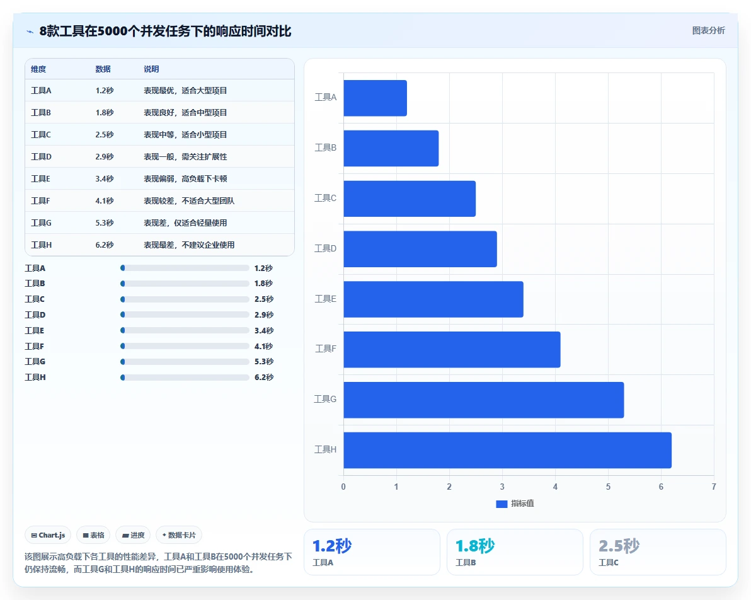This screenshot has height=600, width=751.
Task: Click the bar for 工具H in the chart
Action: [x=507, y=450]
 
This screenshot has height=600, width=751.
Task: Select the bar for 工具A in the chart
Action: [x=375, y=98]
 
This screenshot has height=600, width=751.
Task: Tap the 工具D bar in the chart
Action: [x=420, y=249]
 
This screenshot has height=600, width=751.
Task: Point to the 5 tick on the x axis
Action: [x=608, y=487]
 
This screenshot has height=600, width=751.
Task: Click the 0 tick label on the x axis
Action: [x=343, y=487]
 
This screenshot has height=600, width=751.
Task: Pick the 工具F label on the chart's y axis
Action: [x=325, y=349]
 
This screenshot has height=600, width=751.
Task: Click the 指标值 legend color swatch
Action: [x=502, y=504]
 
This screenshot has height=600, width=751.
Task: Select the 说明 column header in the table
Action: [x=151, y=69]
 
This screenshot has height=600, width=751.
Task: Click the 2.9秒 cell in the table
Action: [x=105, y=157]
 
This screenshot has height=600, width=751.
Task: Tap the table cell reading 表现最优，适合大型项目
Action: [x=185, y=91]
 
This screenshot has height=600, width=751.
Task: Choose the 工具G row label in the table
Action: [x=41, y=223]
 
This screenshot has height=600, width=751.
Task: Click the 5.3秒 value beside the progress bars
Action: [x=264, y=361]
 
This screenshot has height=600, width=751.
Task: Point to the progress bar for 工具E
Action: [x=185, y=330]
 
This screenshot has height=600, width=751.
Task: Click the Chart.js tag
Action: [x=48, y=535]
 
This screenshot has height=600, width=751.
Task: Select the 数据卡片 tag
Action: [x=179, y=535]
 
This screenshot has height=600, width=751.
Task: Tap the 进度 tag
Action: [x=133, y=535]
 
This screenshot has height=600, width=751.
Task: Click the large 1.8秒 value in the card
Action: [x=475, y=545]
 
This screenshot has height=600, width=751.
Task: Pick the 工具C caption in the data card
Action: [x=608, y=562]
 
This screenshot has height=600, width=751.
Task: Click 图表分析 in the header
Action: [x=708, y=31]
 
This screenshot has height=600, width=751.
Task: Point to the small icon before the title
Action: [x=30, y=32]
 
